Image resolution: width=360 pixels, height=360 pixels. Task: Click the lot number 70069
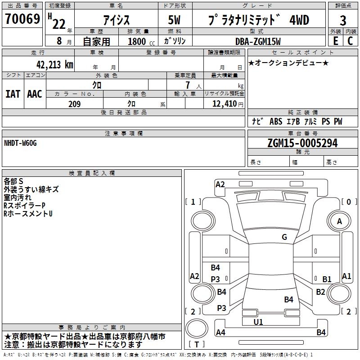22,18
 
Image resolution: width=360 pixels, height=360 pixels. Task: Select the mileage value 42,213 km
54,65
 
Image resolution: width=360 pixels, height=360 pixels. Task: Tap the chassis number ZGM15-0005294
302,143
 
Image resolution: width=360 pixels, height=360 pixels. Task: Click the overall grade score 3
343,20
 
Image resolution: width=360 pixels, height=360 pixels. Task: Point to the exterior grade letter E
335,41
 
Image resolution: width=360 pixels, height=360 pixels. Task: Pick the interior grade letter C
350,41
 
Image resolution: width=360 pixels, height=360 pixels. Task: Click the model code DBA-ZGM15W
258,41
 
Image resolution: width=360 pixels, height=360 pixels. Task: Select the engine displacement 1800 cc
141,41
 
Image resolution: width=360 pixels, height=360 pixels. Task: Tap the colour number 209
74,104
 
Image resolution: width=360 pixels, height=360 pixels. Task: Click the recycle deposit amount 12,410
225,104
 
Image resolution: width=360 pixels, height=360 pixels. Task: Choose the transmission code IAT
13,94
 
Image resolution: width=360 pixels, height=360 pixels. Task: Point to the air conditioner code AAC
35,94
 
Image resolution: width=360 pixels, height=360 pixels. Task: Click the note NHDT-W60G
20,143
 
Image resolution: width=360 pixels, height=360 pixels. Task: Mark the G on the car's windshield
284,237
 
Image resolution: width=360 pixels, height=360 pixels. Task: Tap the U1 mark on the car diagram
258,322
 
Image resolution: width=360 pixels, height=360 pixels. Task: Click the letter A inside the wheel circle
339,221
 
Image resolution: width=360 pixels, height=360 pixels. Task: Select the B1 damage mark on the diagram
327,279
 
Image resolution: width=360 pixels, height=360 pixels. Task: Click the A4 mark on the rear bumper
220,332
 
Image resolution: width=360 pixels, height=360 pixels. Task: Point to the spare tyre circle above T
197,328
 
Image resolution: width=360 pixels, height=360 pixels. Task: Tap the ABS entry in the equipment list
276,121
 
